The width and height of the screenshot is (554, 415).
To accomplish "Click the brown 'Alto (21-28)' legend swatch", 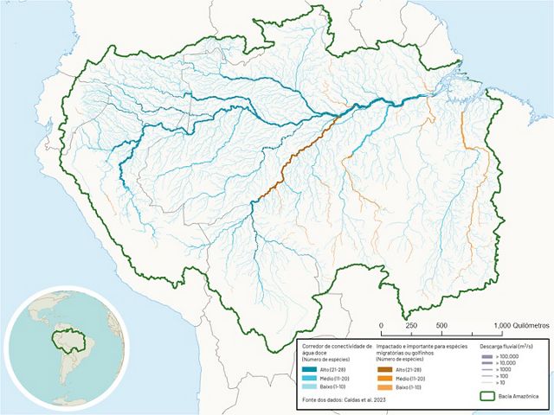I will pos(390,368).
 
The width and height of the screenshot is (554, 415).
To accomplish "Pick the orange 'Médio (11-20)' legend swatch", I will pos(390,379).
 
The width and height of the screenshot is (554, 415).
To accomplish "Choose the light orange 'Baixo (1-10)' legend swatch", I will pos(390,388).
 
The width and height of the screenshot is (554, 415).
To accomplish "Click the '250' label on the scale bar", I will pos(412,326).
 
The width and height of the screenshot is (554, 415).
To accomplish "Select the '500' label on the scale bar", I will pos(441,326).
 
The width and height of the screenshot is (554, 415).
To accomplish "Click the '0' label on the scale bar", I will pos(382,326).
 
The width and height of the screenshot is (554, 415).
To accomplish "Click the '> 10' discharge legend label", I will pos(499,383).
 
